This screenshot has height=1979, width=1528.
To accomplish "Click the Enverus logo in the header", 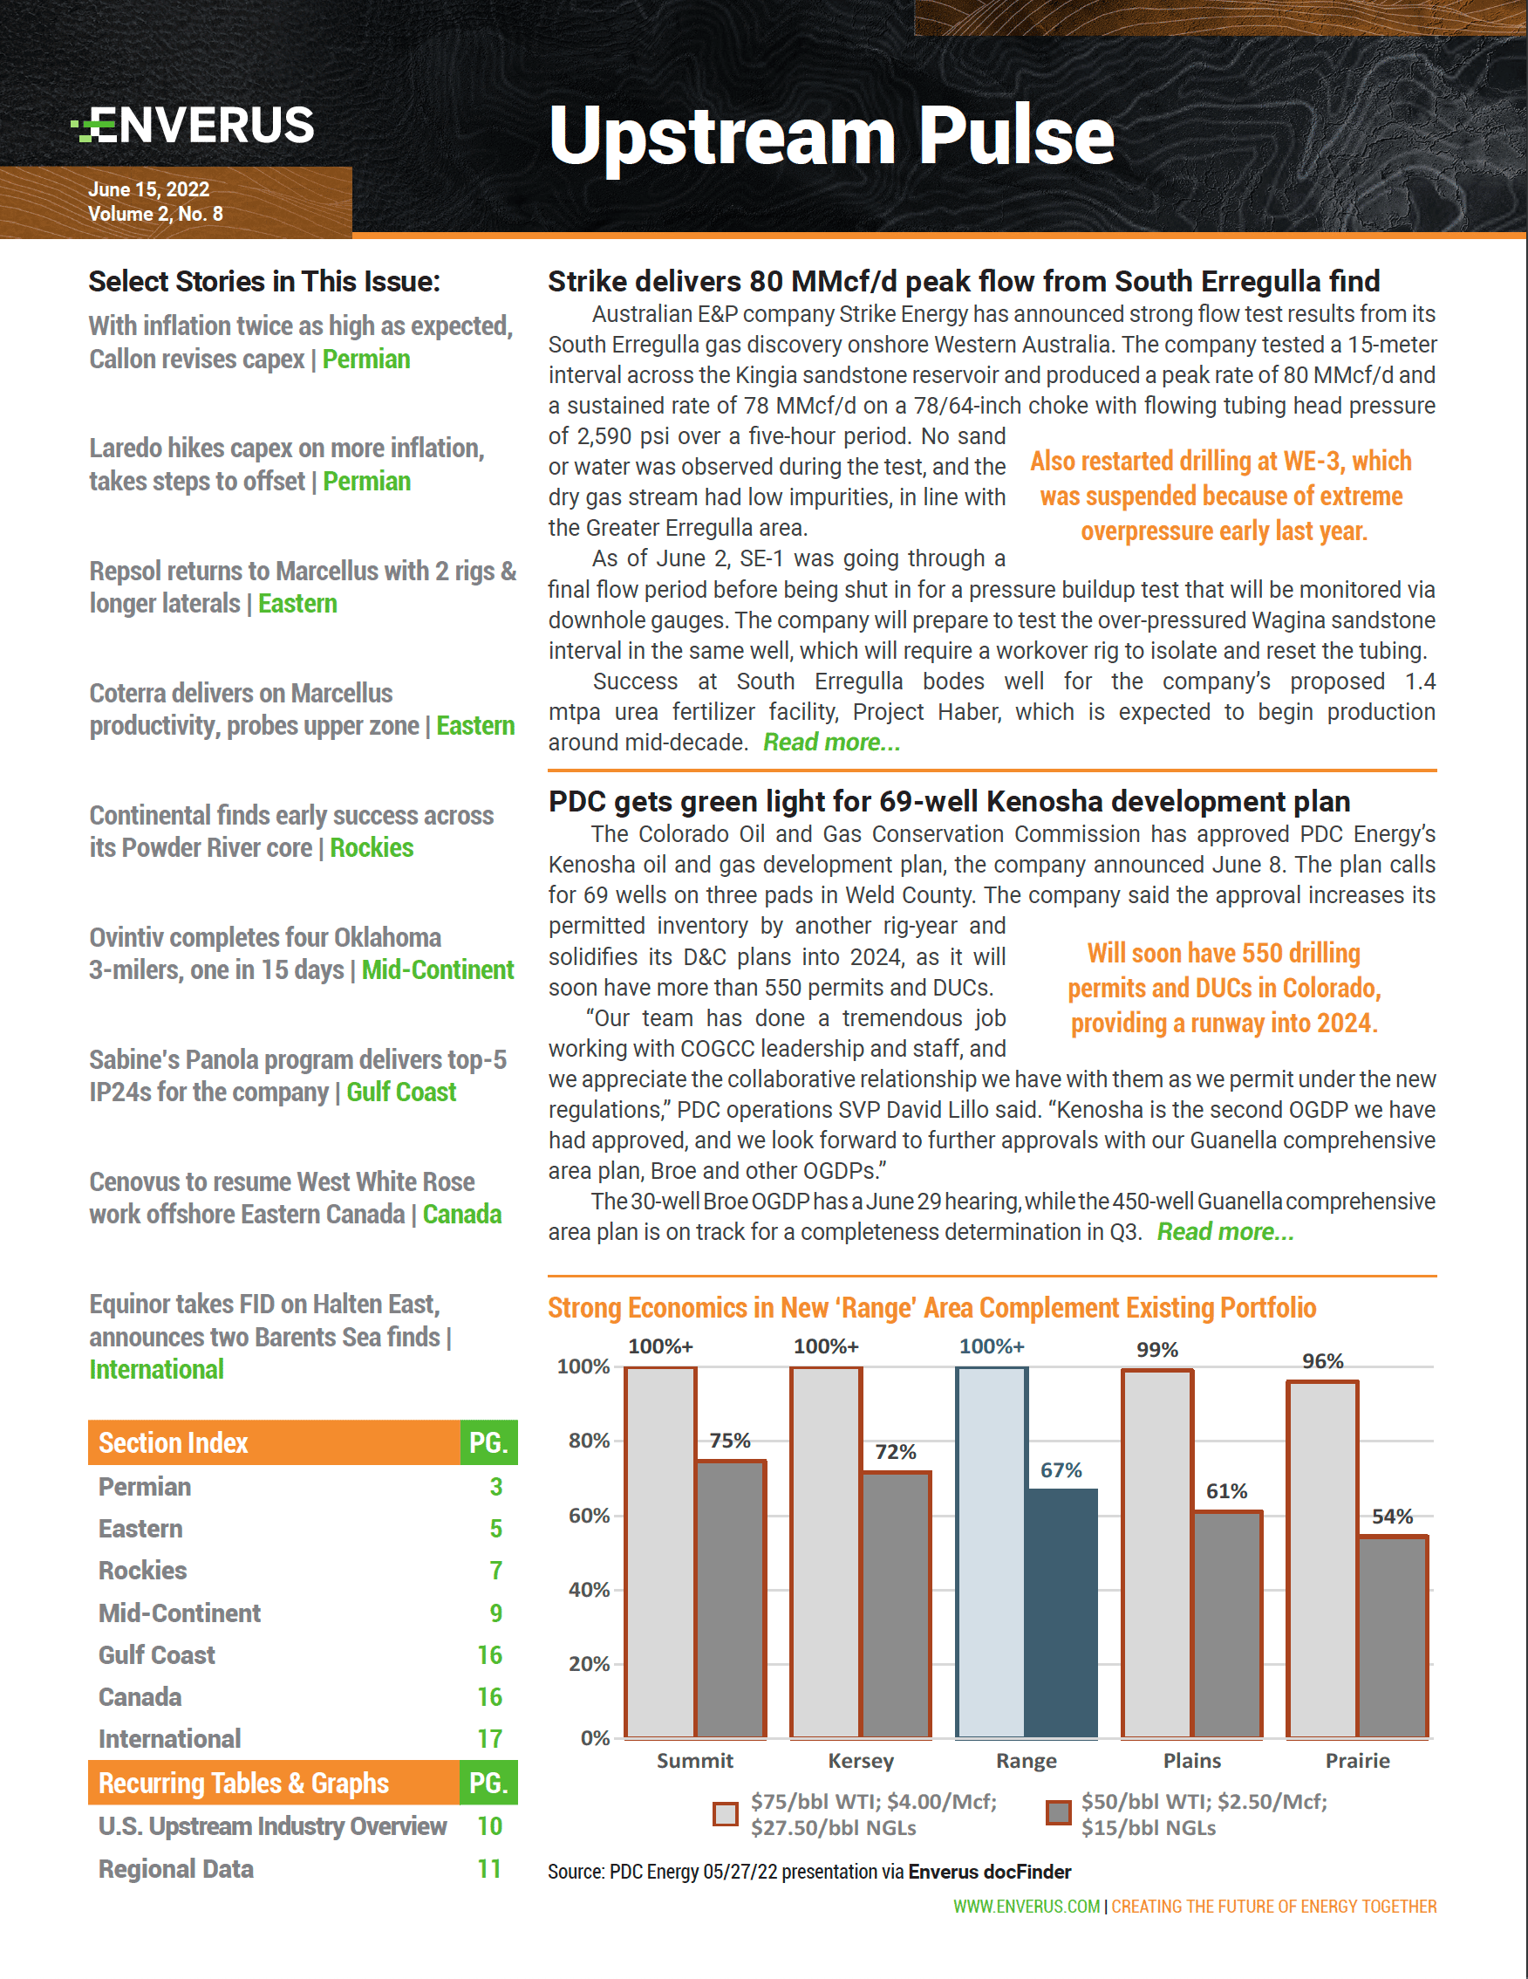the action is (193, 125).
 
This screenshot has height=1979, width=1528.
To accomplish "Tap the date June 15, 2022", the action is (148, 189).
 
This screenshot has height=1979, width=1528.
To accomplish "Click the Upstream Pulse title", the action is (830, 136).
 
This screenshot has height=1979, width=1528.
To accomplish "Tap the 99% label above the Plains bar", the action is (1156, 1350).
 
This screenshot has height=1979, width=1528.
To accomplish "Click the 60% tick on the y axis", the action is (589, 1515).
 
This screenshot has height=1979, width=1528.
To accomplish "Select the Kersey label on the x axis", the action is (861, 1761).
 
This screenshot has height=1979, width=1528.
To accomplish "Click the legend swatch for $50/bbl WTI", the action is (1058, 1813).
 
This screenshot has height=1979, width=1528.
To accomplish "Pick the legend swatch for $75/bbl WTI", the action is (726, 1813).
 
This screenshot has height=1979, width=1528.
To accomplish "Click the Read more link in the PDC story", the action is (1225, 1231).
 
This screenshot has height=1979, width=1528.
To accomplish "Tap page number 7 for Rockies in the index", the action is (495, 1571).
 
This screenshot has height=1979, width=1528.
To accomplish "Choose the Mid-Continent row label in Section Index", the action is (180, 1613).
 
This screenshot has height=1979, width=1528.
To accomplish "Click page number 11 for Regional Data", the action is (489, 1868).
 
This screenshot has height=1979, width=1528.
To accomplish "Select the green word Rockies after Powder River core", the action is (372, 848).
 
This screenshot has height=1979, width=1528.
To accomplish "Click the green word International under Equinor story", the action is (157, 1369).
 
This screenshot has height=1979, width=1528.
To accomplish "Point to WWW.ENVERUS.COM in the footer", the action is (1027, 1907).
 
